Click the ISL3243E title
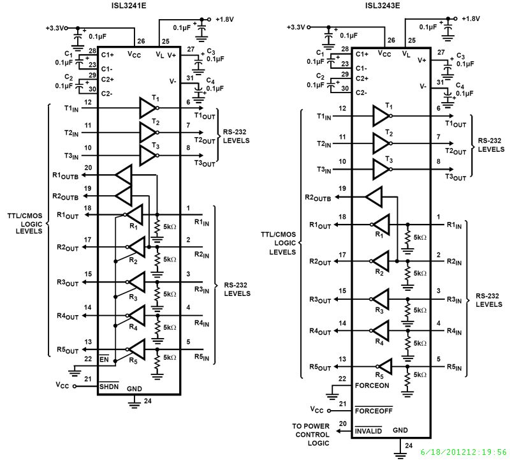(383, 6)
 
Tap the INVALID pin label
(368, 431)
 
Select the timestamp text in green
(463, 452)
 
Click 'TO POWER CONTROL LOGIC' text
(311, 434)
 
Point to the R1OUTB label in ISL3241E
(65, 175)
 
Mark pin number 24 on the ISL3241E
(148, 402)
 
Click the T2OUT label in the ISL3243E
(455, 151)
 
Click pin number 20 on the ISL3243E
(344, 423)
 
